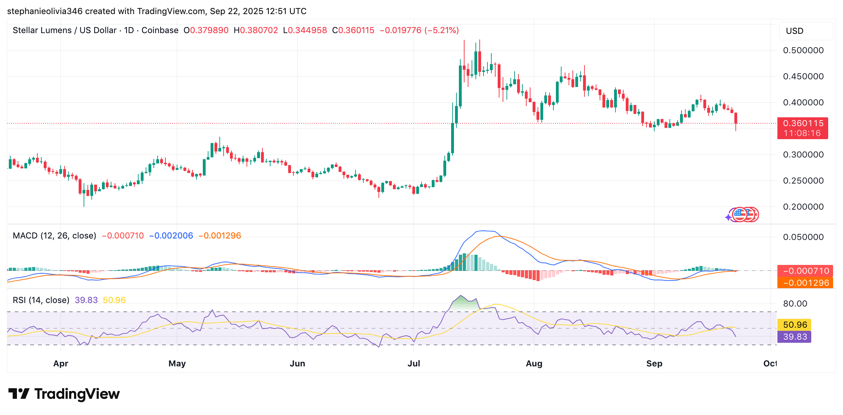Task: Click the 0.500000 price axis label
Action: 803,50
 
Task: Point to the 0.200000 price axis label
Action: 803,207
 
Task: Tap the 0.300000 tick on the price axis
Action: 803,155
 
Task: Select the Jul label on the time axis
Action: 414,364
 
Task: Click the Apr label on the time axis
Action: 61,364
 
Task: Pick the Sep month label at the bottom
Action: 654,364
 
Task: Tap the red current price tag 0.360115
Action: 803,124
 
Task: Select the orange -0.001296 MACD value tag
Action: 806,283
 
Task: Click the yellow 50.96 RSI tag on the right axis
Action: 795,325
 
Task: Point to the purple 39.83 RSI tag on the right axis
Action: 795,337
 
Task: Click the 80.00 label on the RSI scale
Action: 795,304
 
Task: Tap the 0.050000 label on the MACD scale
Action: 803,237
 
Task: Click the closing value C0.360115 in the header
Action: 353,30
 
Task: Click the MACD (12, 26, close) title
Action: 54,236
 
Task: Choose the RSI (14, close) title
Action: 41,300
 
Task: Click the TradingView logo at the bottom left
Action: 64,394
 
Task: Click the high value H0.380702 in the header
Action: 256,30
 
